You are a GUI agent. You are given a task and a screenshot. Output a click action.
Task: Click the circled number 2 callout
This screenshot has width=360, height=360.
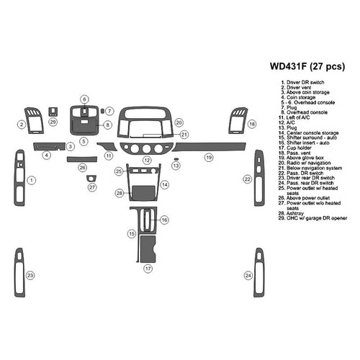tap(22, 125)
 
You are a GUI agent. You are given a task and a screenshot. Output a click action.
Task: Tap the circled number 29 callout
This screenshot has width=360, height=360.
tap(53, 122)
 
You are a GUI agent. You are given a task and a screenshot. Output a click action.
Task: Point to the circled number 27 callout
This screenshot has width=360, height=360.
tap(91, 187)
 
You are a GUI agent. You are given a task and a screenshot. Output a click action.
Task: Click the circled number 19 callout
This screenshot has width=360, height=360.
tap(209, 157)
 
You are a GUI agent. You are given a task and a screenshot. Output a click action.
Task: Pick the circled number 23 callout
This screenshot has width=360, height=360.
tap(30, 276)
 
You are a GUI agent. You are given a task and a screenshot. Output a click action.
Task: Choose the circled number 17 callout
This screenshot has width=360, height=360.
tap(148, 269)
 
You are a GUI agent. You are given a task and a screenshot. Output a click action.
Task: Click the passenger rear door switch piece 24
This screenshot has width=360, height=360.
tap(259, 275)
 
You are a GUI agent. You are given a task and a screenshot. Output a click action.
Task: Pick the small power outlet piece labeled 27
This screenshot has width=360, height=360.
tap(91, 178)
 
